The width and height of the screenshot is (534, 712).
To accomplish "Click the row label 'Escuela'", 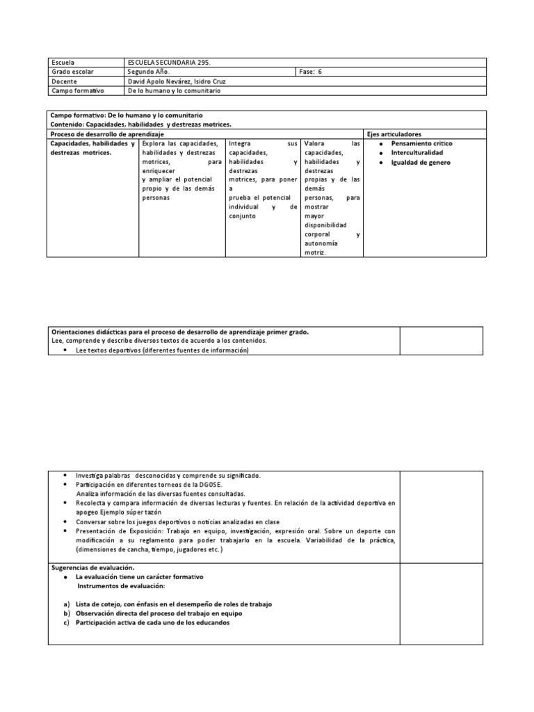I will click(x=63, y=63).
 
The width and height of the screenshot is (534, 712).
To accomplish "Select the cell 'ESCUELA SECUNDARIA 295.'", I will click(x=170, y=63).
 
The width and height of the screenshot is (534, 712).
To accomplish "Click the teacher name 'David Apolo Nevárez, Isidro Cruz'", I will click(x=177, y=81).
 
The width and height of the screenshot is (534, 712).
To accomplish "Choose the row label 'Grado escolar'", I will click(x=72, y=72).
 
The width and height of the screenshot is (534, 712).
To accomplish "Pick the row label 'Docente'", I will click(x=64, y=81).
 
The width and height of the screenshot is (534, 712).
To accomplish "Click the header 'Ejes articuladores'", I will click(x=394, y=133).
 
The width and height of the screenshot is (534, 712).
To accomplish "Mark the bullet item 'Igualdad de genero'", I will click(x=421, y=162).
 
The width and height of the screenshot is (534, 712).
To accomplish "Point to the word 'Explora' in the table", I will click(x=154, y=143).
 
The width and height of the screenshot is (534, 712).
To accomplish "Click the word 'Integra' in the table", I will click(x=241, y=143).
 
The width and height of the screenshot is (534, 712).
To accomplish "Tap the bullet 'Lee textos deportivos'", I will click(x=161, y=350).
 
